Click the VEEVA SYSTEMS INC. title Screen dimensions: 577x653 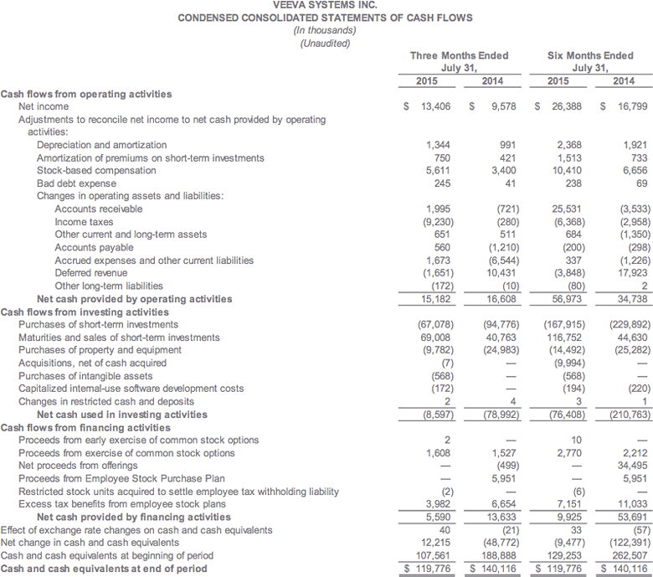pos(325,5)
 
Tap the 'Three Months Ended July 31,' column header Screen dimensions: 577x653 pos(459,61)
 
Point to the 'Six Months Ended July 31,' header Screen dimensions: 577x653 pos(590,61)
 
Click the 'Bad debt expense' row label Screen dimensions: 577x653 pos(76,183)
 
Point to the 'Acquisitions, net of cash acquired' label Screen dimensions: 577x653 pos(92,363)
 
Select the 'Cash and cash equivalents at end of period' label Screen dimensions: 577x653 pos(103,569)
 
